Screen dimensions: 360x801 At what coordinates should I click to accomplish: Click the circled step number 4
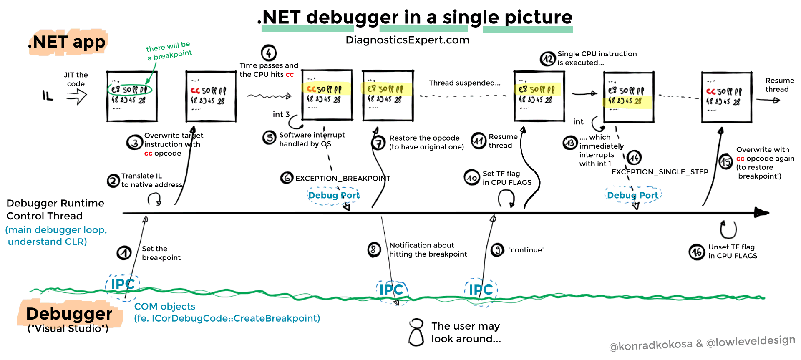[x=269, y=53]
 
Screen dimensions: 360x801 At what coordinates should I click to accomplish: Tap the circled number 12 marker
[x=548, y=59]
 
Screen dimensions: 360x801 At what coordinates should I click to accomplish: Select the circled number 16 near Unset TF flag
[x=697, y=252]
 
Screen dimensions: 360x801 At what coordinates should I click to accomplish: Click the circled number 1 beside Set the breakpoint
[x=124, y=253]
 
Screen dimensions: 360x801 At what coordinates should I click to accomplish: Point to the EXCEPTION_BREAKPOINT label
[x=343, y=179]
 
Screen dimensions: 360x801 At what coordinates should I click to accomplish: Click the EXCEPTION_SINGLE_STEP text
[x=660, y=172]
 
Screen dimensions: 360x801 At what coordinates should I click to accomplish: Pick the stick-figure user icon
[x=416, y=332]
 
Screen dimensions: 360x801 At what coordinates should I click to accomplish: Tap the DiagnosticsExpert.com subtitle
[x=407, y=40]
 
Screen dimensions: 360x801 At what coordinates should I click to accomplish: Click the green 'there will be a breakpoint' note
[x=169, y=51]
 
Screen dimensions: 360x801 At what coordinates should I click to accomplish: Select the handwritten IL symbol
[x=48, y=96]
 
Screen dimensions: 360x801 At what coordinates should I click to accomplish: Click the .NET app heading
[x=67, y=42]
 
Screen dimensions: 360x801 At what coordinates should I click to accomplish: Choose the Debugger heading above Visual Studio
[x=69, y=314]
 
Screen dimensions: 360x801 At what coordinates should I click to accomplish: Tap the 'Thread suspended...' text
[x=465, y=83]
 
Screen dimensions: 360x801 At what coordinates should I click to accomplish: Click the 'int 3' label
[x=281, y=114]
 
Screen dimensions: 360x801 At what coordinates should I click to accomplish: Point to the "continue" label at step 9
[x=526, y=250]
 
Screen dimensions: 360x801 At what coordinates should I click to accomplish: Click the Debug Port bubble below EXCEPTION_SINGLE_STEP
[x=632, y=195]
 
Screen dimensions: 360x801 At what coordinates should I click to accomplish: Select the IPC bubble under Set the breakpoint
[x=122, y=284]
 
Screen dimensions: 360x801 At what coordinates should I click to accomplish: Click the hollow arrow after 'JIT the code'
[x=77, y=97]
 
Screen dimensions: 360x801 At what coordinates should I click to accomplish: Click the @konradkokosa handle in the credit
[x=650, y=346]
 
